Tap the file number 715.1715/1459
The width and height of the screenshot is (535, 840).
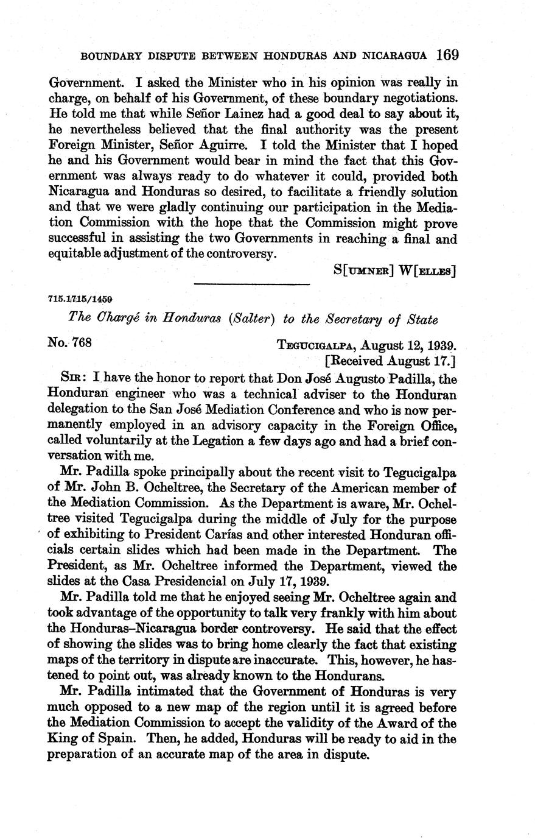pos(82,300)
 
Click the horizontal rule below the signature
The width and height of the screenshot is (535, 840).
pos(252,284)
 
